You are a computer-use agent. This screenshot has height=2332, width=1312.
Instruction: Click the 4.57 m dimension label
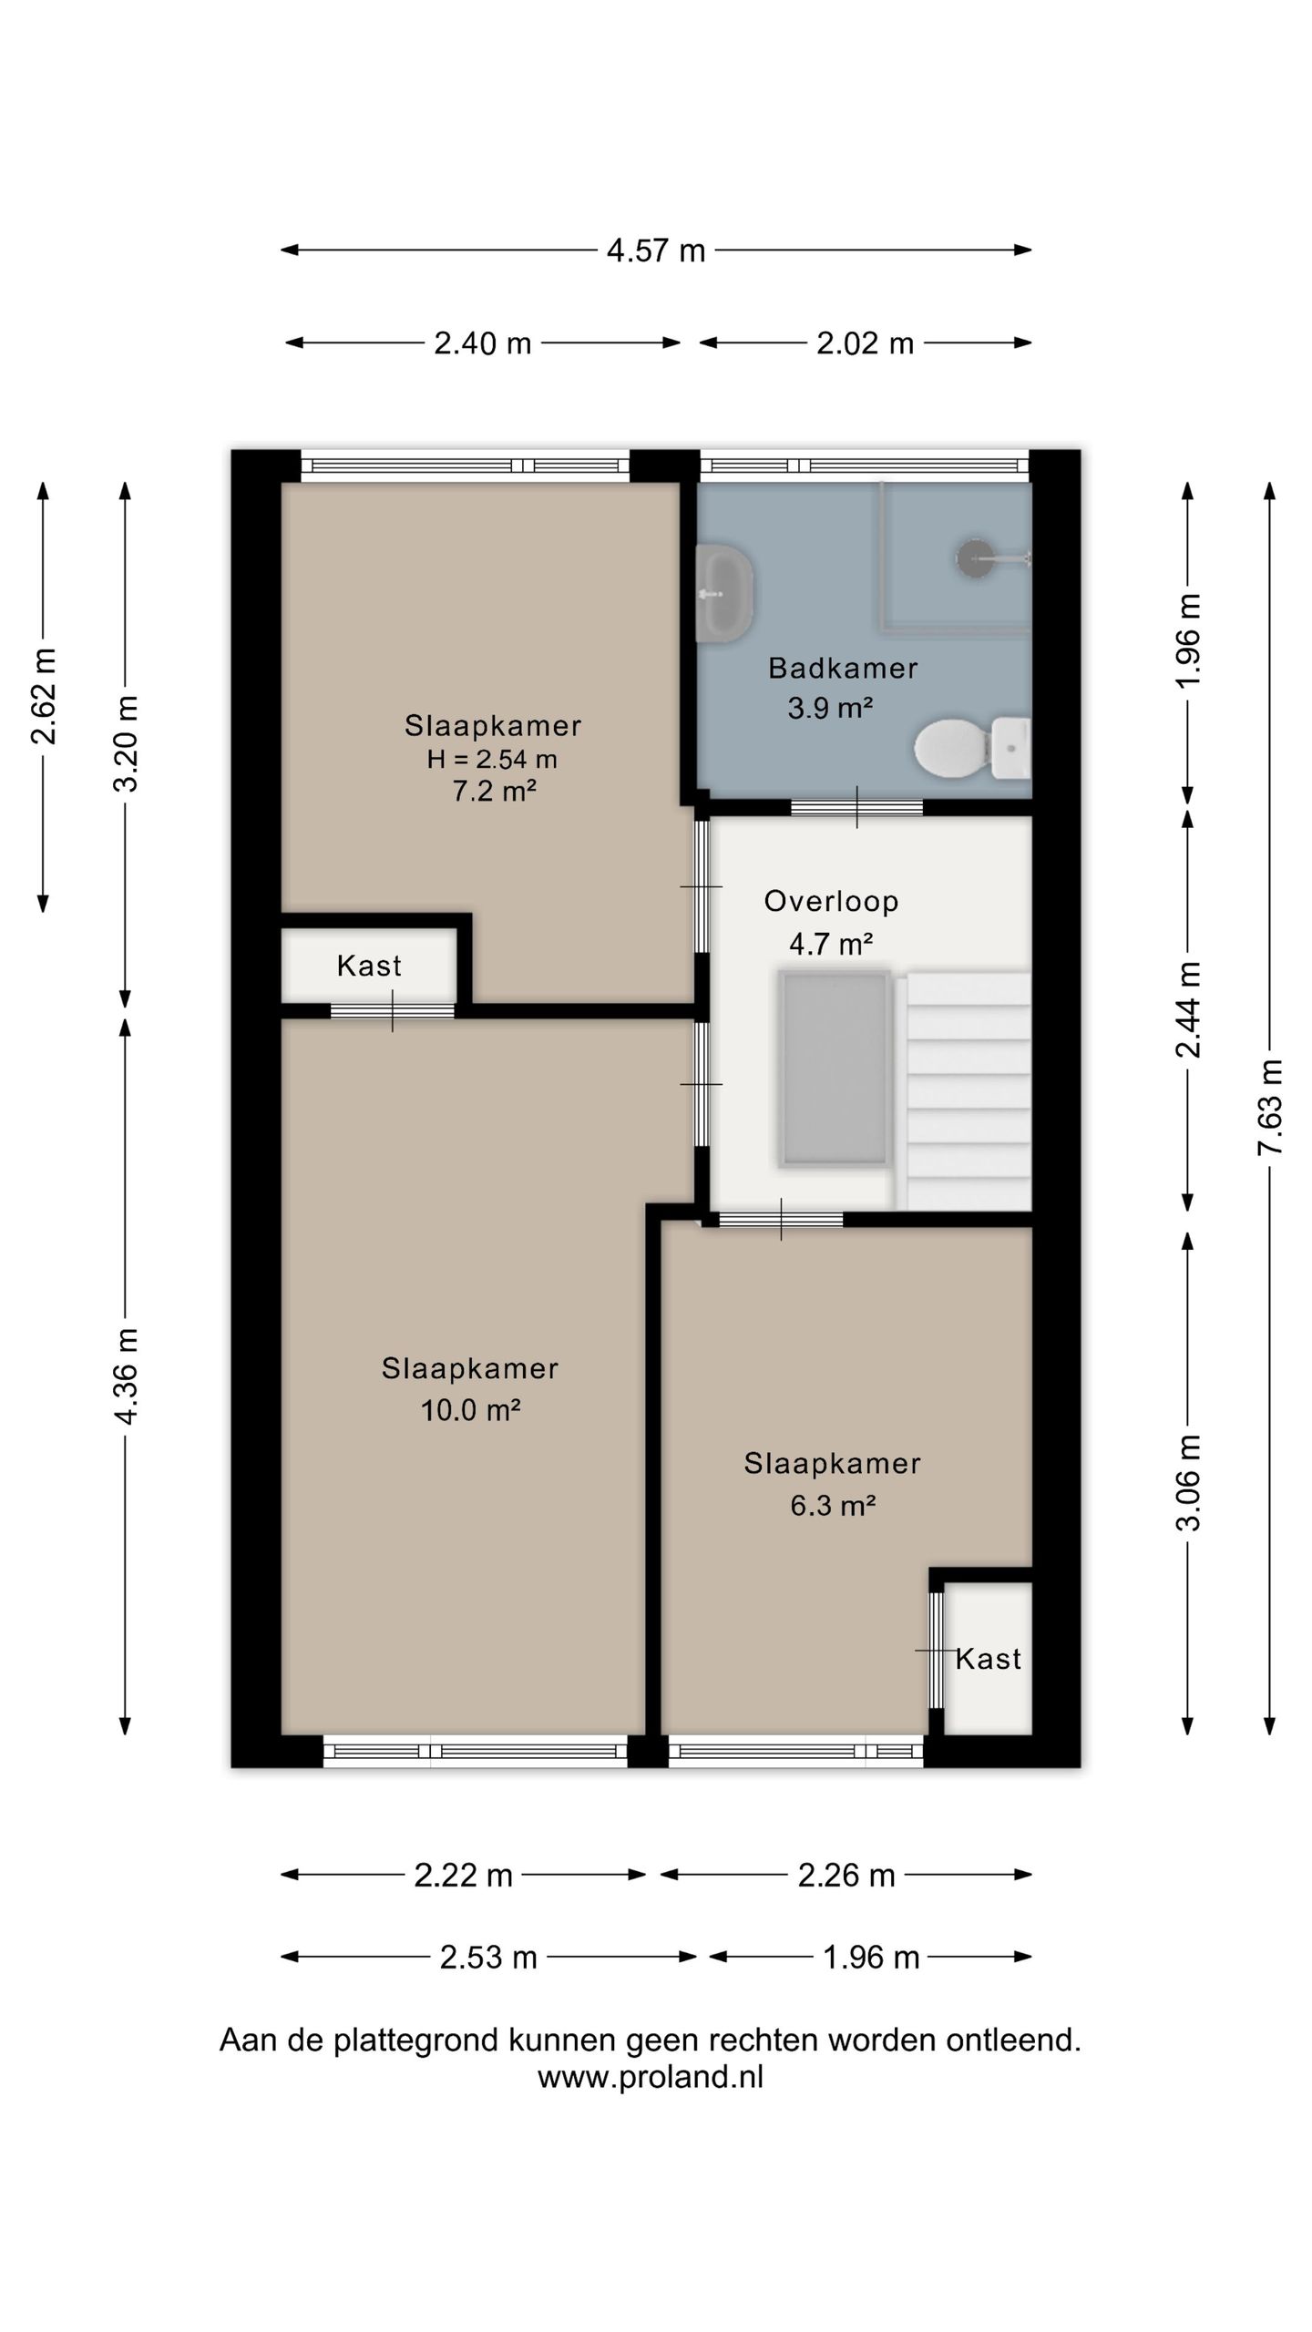click(x=656, y=251)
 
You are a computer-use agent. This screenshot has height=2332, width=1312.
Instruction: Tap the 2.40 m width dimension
click(x=483, y=343)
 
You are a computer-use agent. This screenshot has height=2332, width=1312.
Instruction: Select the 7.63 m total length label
click(x=1270, y=1108)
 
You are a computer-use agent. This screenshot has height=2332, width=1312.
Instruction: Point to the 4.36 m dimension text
click(x=126, y=1376)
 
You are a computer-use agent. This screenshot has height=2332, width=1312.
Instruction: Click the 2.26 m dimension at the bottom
click(x=846, y=1875)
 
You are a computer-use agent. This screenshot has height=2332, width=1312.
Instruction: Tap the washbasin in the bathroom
click(x=725, y=593)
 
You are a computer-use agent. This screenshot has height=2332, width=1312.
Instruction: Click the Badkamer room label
click(x=843, y=669)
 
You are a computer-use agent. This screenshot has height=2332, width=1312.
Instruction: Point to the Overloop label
click(x=832, y=902)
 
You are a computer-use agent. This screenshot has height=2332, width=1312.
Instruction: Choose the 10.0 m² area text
click(x=470, y=1410)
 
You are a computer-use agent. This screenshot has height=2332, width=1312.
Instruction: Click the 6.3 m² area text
click(x=833, y=1505)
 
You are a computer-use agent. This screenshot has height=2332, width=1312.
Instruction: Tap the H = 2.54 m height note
click(x=492, y=759)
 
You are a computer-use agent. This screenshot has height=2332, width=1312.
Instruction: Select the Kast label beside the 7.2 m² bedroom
click(x=369, y=966)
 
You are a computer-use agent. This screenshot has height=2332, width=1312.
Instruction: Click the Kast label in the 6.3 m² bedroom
click(x=989, y=1659)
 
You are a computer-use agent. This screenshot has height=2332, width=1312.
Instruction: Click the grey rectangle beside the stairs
click(x=834, y=1069)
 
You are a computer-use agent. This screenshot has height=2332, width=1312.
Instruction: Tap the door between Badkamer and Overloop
click(x=856, y=807)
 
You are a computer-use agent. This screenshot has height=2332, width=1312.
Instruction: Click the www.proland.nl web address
click(x=651, y=2077)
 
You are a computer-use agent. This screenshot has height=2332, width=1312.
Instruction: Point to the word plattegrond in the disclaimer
click(x=414, y=2040)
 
